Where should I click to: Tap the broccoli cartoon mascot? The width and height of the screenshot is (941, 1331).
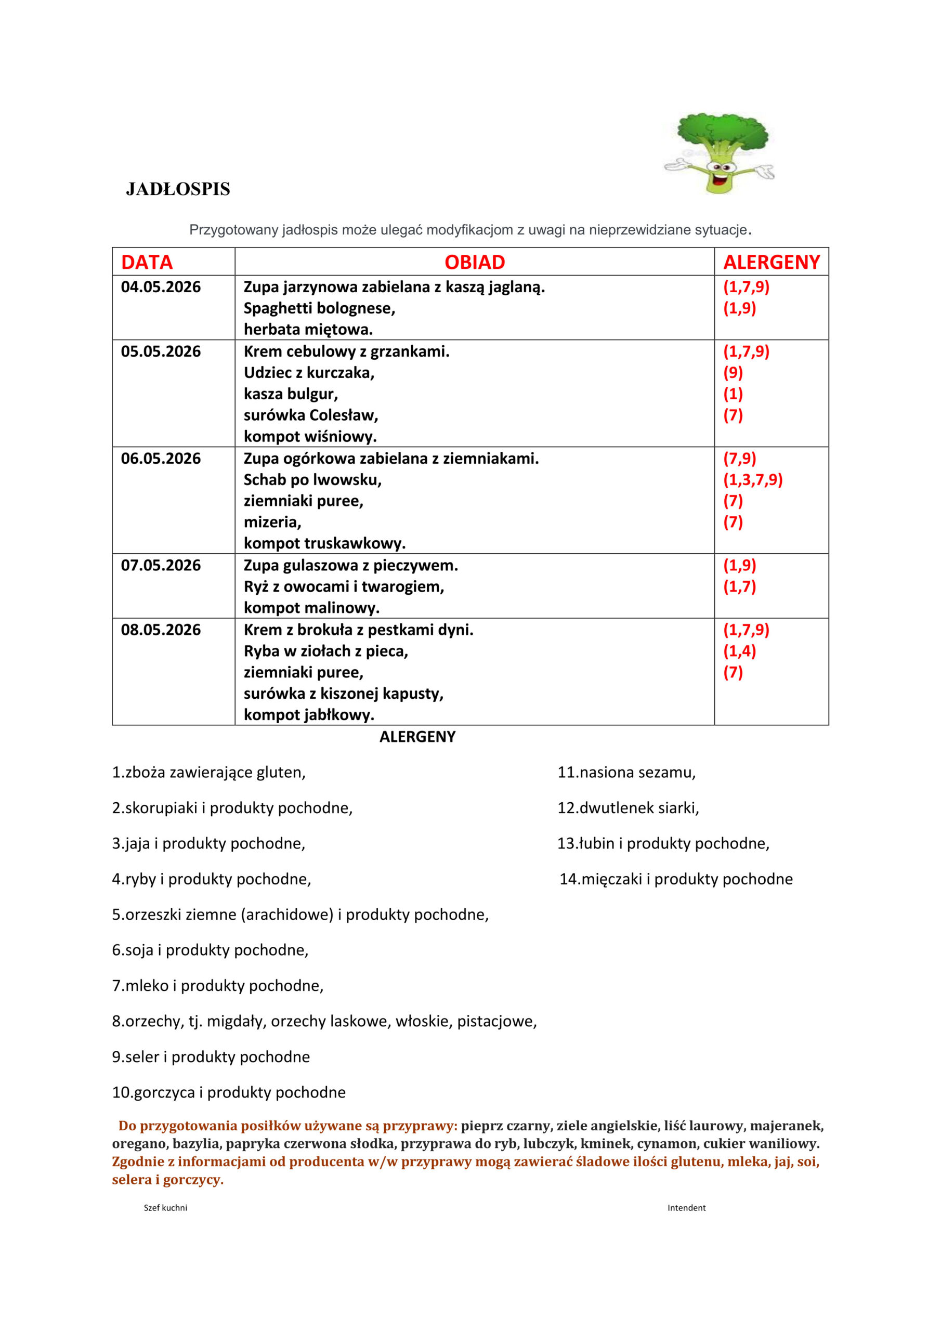coord(719,152)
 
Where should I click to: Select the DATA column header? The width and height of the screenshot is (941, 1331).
coord(147,262)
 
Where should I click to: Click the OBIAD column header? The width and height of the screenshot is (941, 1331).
coord(474,262)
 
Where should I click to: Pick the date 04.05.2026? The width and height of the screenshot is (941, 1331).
coord(161,287)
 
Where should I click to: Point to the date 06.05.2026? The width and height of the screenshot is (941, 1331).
coord(161,459)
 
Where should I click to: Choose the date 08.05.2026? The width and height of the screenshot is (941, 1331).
coord(161,630)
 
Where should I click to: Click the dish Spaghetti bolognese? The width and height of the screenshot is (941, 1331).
coord(319,308)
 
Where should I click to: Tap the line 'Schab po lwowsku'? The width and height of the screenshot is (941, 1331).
coord(312,480)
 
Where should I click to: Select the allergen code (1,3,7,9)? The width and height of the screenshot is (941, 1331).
coord(753,480)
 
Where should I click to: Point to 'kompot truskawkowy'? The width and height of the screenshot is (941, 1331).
coord(324,544)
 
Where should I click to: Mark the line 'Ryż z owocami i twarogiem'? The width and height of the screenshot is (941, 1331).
coord(343,586)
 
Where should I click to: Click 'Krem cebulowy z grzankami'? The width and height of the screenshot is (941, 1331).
coord(346,351)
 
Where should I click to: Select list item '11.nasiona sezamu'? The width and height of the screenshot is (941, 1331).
coord(626,772)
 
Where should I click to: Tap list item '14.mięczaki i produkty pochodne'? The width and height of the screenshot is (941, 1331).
coord(675,879)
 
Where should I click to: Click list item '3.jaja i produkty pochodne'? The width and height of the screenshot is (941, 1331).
coord(208,843)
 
